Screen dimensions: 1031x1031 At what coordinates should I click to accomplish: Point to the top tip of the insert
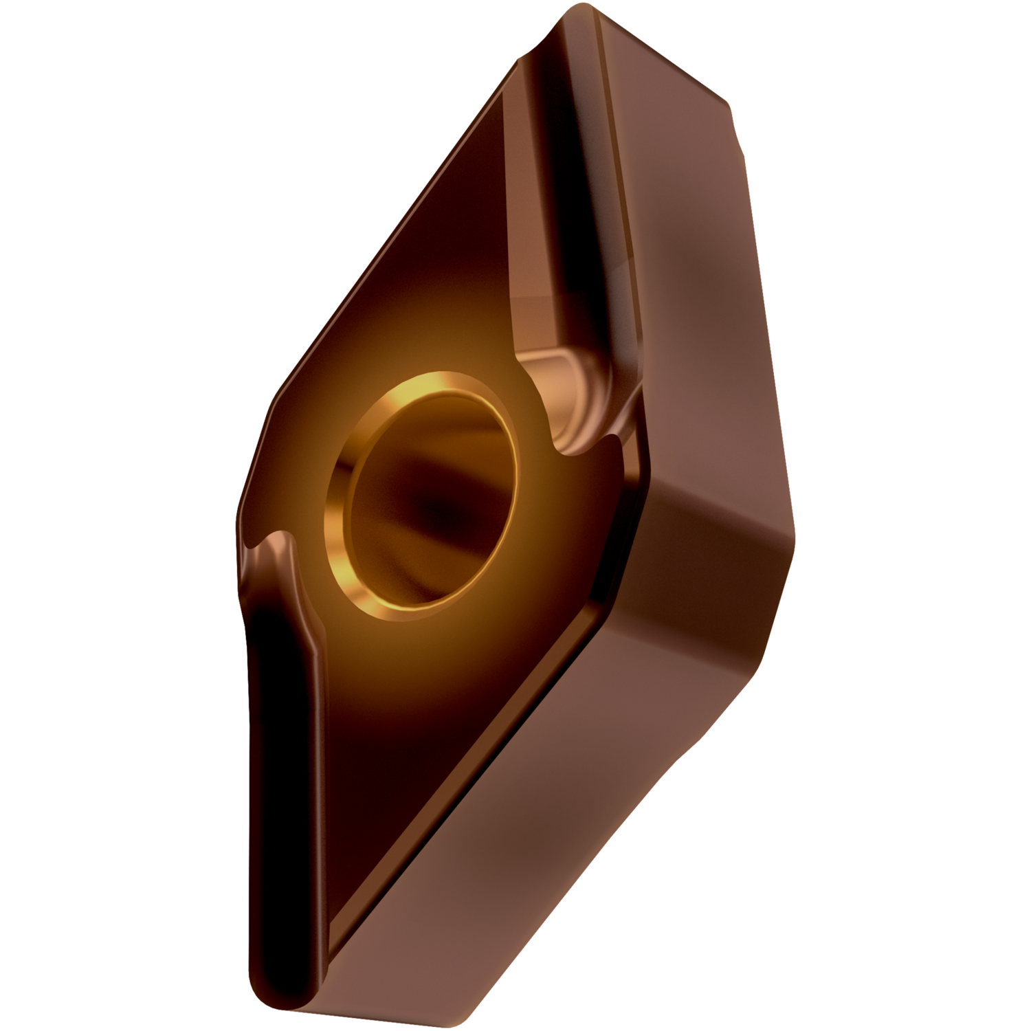coord(584,14)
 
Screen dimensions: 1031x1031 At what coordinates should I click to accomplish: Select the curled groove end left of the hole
coord(275,543)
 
